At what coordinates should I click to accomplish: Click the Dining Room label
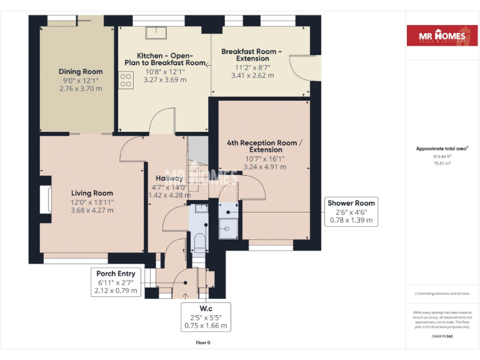click(x=81, y=71)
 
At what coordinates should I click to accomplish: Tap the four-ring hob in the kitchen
click(x=126, y=80)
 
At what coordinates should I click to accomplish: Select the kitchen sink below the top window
click(x=154, y=32)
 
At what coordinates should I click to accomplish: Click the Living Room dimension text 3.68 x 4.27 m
click(x=92, y=211)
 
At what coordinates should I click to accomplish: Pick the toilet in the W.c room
click(x=198, y=241)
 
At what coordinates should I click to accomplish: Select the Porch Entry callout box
click(x=116, y=282)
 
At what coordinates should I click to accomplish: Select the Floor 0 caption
click(x=203, y=343)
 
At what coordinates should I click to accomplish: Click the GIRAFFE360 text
click(x=442, y=337)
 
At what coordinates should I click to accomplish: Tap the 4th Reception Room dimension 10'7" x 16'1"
click(x=265, y=159)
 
